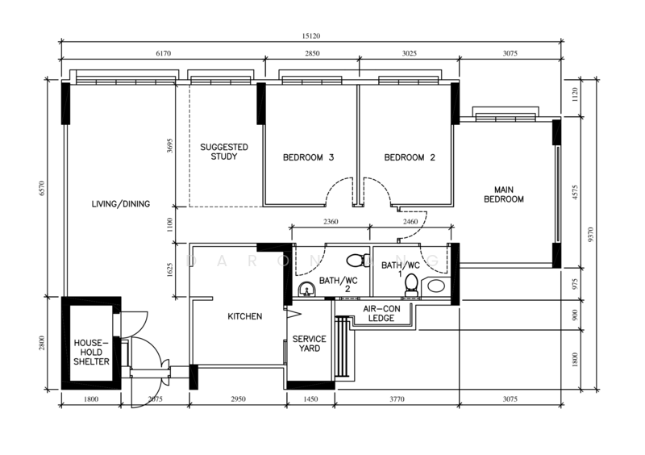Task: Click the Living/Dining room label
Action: (x=120, y=204)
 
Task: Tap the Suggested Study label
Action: (x=224, y=152)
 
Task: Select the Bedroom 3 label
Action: (x=308, y=157)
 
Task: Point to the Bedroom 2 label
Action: (x=410, y=157)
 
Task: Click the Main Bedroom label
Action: (x=503, y=194)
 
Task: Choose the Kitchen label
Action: (x=245, y=316)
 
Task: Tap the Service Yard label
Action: (x=310, y=344)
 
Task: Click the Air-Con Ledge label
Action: (x=381, y=313)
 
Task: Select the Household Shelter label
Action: (x=91, y=352)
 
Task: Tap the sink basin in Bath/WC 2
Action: (x=306, y=289)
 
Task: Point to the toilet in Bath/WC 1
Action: (x=411, y=285)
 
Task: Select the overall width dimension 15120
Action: (x=311, y=35)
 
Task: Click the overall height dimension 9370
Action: (x=591, y=234)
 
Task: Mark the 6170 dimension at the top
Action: (x=164, y=53)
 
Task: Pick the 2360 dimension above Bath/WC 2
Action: (x=331, y=222)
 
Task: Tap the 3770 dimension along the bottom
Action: (x=397, y=399)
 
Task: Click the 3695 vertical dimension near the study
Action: (x=170, y=146)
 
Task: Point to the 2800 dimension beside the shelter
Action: (x=42, y=343)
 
